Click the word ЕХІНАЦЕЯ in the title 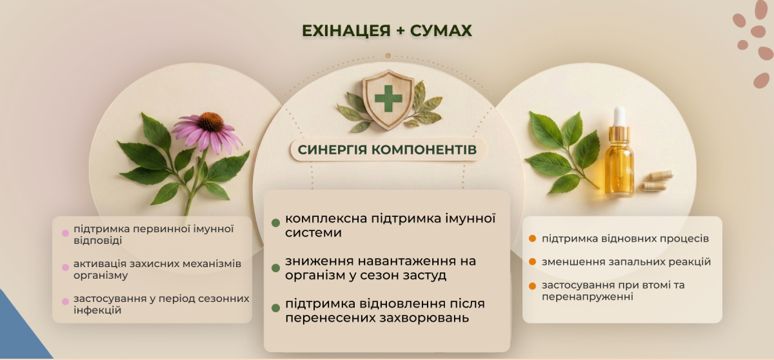point(346,31)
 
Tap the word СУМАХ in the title point(441,31)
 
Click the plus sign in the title point(400,31)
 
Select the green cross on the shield point(388,99)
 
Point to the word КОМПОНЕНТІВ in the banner point(424,150)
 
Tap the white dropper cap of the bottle point(620,116)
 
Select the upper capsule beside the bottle point(660,175)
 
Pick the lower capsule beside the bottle point(653,186)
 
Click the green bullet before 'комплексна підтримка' point(276,223)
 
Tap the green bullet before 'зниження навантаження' point(276,268)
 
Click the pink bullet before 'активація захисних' point(65,267)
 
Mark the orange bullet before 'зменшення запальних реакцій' point(533,262)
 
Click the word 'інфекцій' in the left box point(97,310)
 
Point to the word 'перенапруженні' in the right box point(588,297)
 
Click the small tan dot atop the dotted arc point(388,55)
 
